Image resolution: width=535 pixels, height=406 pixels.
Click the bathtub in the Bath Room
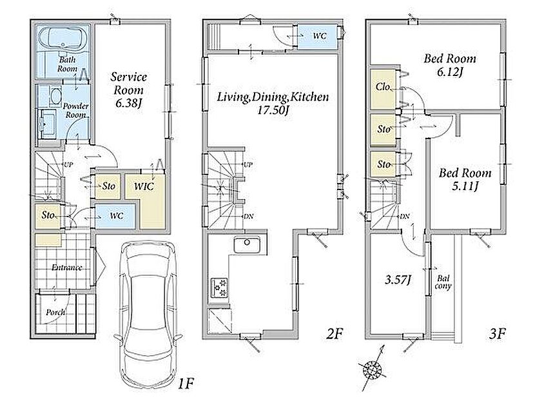63,38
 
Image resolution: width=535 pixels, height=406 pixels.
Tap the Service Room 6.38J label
129,90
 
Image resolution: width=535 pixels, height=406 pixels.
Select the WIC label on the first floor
144,186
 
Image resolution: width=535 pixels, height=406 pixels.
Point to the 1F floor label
186,385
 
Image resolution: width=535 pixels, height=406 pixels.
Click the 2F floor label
334,334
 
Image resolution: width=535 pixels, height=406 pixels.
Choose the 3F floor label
497,334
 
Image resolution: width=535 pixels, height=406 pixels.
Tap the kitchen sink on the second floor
247,245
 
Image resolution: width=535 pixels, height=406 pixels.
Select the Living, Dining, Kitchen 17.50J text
273,103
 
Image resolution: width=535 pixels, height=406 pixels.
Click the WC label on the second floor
319,36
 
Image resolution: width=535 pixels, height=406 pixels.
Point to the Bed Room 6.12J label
450,64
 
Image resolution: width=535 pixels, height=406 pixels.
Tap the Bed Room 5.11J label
465,179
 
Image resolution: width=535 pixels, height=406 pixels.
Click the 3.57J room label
397,280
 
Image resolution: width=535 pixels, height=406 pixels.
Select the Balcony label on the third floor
443,282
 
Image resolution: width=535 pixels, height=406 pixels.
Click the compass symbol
373,369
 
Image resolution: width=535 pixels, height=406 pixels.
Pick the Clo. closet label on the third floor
383,87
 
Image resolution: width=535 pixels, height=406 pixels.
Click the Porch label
55,313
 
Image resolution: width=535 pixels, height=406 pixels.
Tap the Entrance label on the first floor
67,267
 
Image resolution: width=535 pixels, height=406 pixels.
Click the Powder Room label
75,111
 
